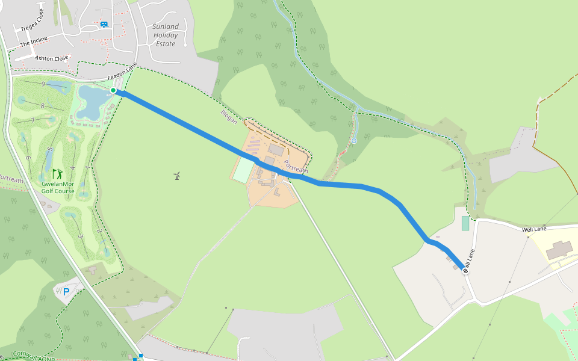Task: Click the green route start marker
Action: point(113,90)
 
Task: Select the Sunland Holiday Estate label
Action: point(166,35)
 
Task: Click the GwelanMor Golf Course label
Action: point(58,187)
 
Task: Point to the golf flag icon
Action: point(58,174)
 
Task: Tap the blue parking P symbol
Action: point(66,292)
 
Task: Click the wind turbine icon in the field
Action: point(176,176)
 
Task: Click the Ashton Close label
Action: point(52,58)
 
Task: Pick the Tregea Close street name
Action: point(33,20)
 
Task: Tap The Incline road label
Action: point(34,43)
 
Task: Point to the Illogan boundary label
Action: point(229,117)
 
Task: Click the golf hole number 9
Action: point(43,84)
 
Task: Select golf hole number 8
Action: point(43,106)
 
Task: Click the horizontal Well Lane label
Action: point(534,229)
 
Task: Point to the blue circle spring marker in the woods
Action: point(354,141)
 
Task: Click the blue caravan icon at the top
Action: point(104,24)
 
